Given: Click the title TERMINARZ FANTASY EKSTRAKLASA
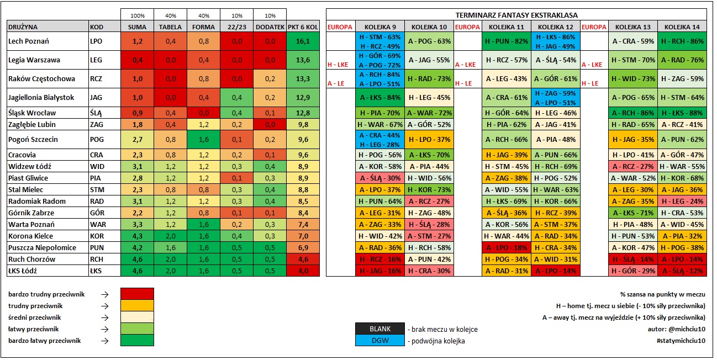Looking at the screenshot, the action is (516, 15).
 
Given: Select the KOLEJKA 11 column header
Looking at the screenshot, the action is (507, 27).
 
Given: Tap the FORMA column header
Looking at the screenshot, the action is (203, 27).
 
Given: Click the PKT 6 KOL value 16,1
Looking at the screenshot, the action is (303, 41).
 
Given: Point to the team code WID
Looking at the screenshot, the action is (97, 166).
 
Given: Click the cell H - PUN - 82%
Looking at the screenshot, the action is (507, 41).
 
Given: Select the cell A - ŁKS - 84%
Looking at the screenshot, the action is (380, 98).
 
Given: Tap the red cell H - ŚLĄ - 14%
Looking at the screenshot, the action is (633, 259).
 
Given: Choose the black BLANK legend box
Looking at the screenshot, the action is (380, 329).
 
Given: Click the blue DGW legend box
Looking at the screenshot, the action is (380, 341).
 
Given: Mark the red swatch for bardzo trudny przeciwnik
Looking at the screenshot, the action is (137, 294).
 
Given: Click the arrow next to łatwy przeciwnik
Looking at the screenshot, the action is (104, 329).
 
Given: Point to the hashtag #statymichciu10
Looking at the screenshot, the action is (681, 341).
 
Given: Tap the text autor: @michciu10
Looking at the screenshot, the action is (676, 329).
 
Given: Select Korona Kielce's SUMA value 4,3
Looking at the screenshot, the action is (138, 236).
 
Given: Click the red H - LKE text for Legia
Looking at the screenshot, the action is (338, 65).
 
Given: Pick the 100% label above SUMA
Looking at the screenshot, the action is (138, 15).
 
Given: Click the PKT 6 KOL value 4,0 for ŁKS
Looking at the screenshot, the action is (303, 271).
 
